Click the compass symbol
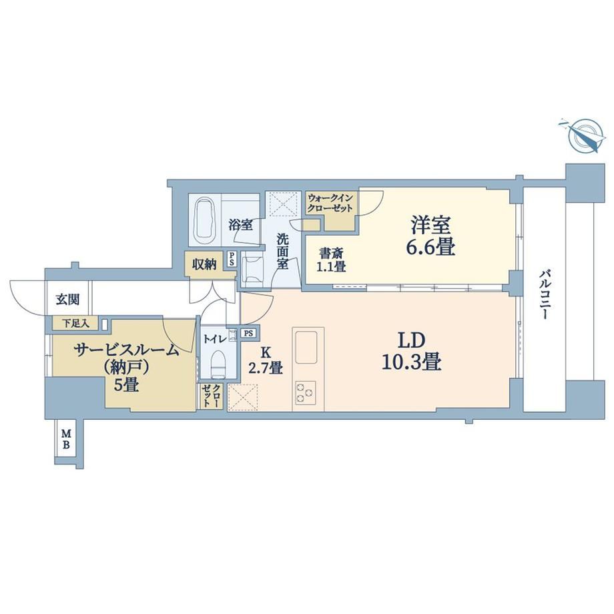pos(585,135)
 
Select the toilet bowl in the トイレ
pos(218,364)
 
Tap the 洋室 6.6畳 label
pos(430,236)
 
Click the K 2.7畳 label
pos(266,360)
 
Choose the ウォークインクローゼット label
pos(330,203)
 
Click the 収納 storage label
pos(204,264)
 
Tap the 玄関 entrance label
pos(68,300)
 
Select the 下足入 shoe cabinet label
pos(76,324)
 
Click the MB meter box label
pos(67,439)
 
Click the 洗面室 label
pos(283,251)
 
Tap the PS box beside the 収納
pos(232,259)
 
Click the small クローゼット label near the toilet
pos(212,396)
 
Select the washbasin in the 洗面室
pos(252,269)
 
